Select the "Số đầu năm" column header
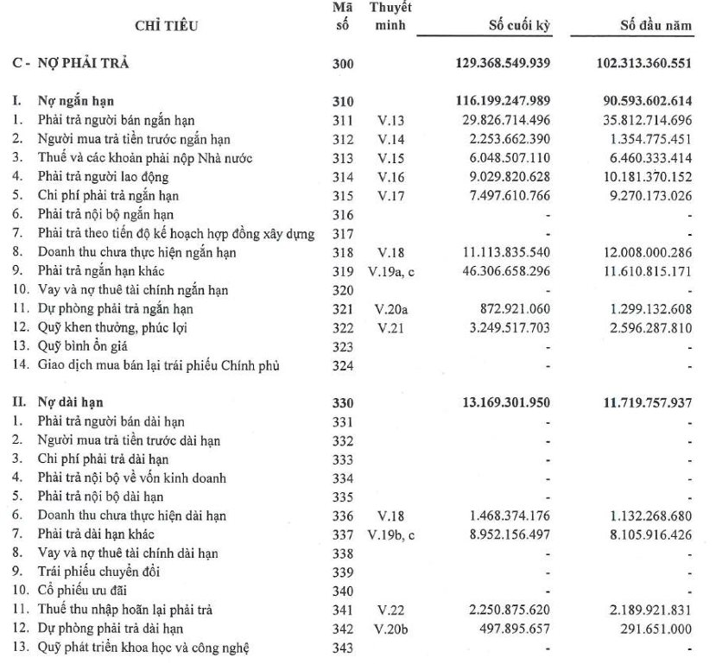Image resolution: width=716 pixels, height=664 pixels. pyautogui.click(x=656, y=25)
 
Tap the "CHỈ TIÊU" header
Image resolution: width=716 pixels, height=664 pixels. pyautogui.click(x=167, y=26)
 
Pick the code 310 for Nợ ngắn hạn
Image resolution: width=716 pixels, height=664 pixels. pyautogui.click(x=343, y=102)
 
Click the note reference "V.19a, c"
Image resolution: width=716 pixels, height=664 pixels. pyautogui.click(x=394, y=271)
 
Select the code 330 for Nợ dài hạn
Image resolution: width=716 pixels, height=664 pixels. pyautogui.click(x=343, y=402)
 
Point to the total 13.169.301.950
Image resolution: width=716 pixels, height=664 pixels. pyautogui.click(x=503, y=402)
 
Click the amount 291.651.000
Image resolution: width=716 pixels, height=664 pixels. pyautogui.click(x=653, y=629)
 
